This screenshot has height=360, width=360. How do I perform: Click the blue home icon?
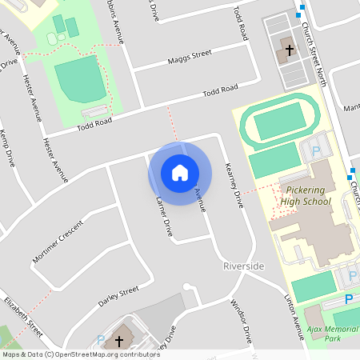pyautogui.click(x=180, y=173)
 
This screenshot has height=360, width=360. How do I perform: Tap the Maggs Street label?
pyautogui.click(x=190, y=55)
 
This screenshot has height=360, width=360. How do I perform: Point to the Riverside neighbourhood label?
pyautogui.click(x=243, y=266)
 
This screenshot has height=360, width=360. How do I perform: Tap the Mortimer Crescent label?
pyautogui.click(x=58, y=242)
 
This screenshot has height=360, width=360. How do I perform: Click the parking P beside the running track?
pyautogui.click(x=315, y=150)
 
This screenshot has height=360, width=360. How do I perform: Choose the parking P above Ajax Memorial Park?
pyautogui.click(x=348, y=298)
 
